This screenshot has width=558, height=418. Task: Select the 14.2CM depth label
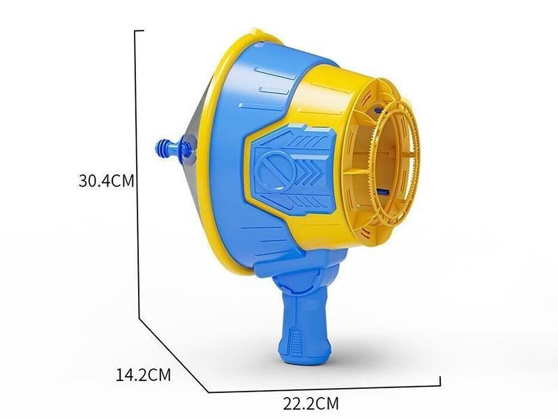143,374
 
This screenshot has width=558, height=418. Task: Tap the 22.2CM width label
311,402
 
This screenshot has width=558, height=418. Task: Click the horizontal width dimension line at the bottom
321,385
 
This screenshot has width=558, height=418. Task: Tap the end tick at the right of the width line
439,380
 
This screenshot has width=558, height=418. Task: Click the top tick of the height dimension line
139,31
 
